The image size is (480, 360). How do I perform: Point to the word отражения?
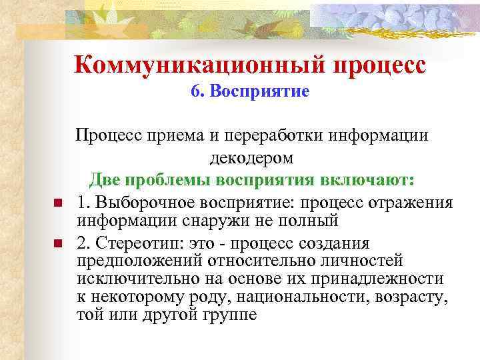pyautogui.click(x=409, y=203)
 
